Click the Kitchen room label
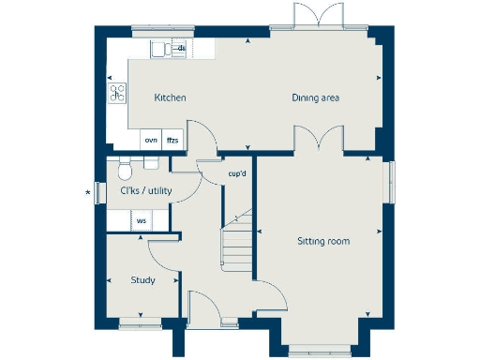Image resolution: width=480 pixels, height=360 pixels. coord(170,97)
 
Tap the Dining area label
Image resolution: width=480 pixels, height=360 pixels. coord(314,97)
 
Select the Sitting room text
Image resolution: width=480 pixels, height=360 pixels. coord(322,241)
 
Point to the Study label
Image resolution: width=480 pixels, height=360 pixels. coord(142,280)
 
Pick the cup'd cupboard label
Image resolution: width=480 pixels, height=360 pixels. coord(237,173)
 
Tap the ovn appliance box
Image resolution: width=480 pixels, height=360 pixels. coord(150,140)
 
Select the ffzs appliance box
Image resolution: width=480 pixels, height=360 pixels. coord(172,140)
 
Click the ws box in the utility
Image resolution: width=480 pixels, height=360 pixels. coord(142,221)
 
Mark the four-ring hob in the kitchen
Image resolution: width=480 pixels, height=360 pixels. coord(118,92)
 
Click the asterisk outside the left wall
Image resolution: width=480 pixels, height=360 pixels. coord(88,193)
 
